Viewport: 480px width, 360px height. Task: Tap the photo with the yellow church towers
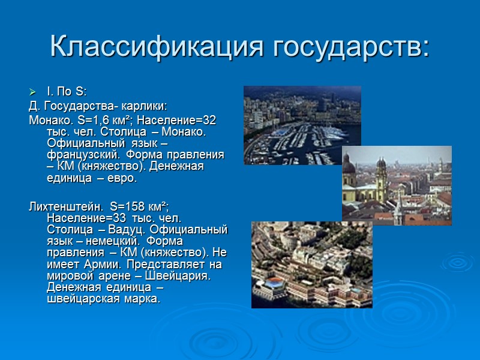tap(397, 185)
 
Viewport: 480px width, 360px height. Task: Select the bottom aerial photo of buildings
tap(311, 265)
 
